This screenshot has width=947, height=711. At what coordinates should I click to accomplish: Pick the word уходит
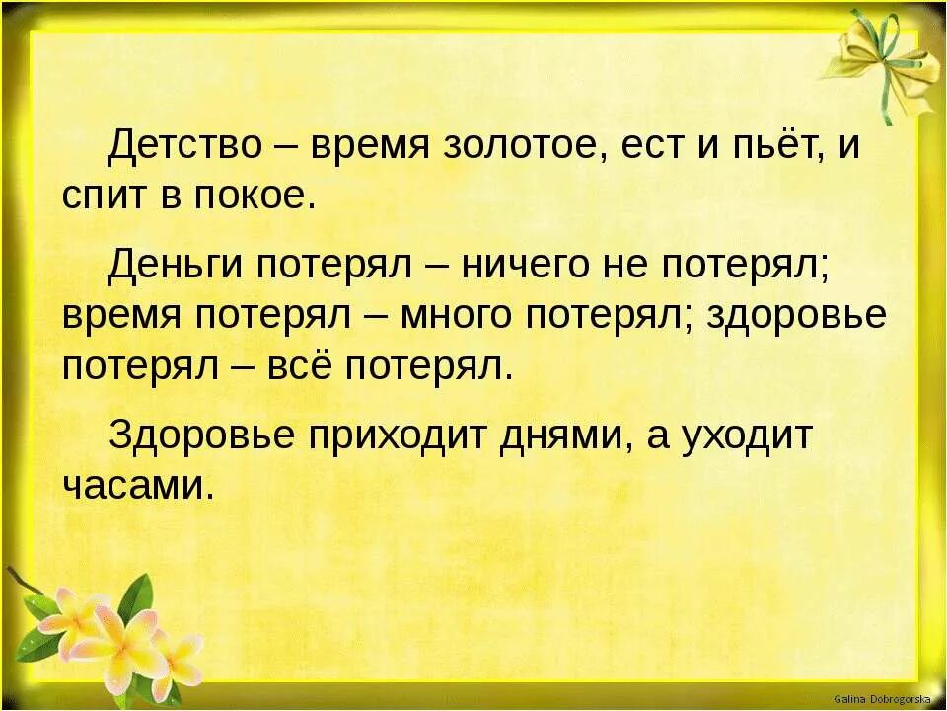pos(745,435)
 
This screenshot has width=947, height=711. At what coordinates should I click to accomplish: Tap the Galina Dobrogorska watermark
pos(887,698)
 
